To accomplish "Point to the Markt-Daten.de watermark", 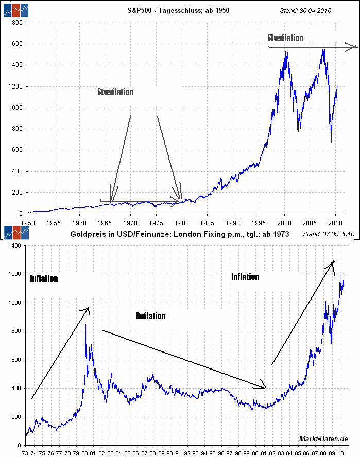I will [323, 438].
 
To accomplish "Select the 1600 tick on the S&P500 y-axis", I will [14, 44].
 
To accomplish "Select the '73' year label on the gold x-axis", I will [24, 453].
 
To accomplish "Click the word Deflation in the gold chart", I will [150, 316].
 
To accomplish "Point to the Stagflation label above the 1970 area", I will [115, 92].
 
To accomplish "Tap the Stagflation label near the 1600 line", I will [285, 38].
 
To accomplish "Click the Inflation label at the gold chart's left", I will [44, 278].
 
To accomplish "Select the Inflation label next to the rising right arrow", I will [245, 277].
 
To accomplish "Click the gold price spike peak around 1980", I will [85, 325].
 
